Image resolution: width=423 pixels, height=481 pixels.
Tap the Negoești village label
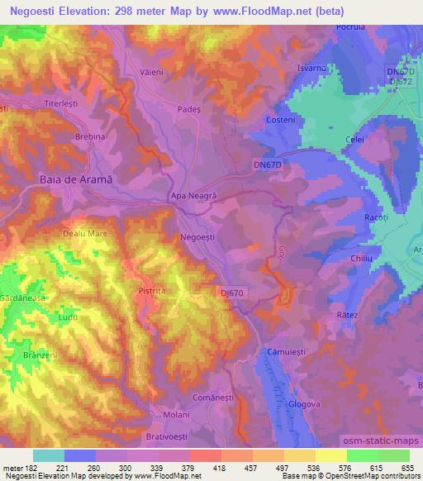pos(198,237)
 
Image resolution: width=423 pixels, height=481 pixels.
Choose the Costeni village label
pos(282,121)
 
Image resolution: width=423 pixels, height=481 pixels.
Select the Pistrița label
pos(153,291)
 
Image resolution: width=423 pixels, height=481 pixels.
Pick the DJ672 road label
pos(401,82)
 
